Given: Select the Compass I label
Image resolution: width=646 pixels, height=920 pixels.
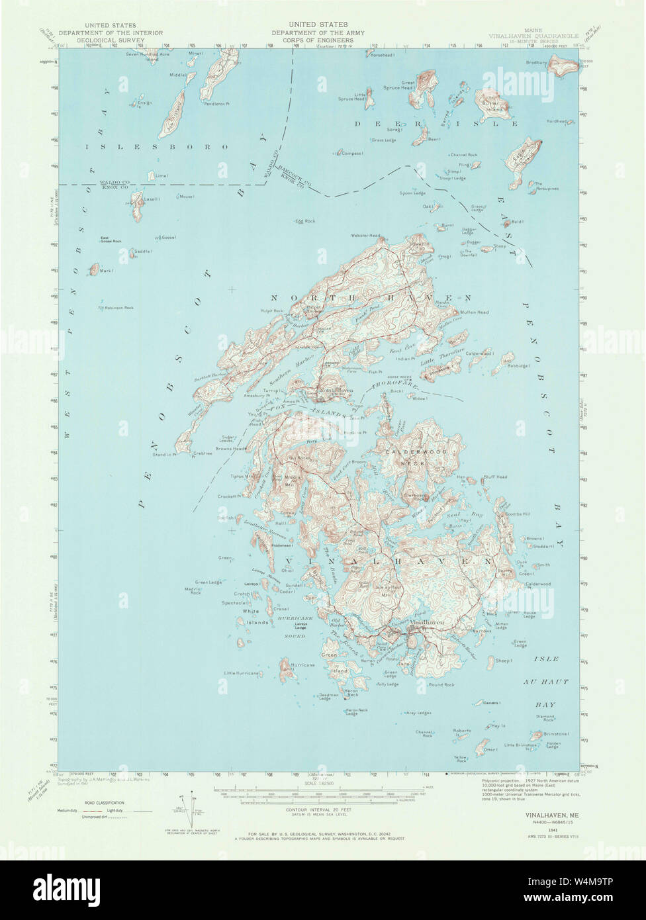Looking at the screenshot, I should (351, 153).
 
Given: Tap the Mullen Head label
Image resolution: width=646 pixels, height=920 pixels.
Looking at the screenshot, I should (475, 312).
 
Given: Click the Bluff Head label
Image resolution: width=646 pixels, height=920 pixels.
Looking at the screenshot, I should (495, 477).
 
